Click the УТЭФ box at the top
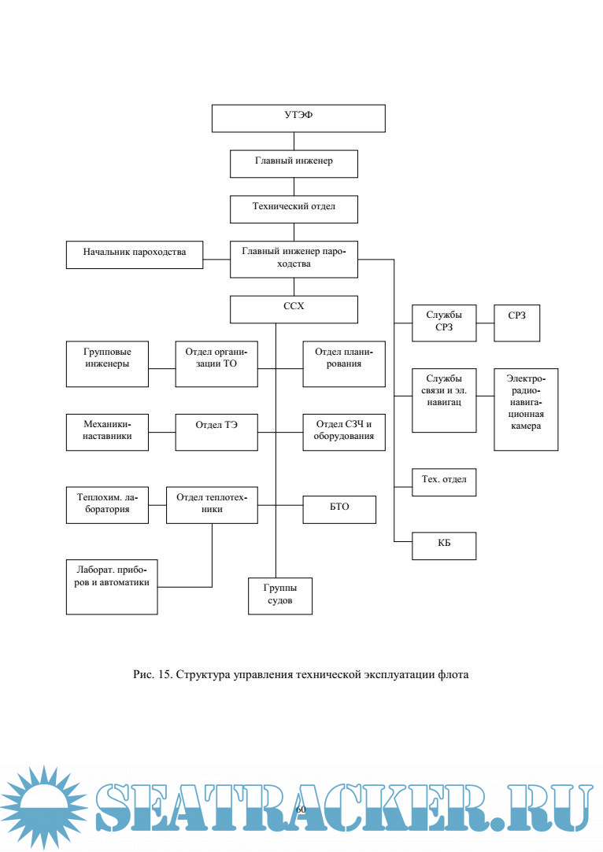[x=298, y=117]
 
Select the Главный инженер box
[x=294, y=164]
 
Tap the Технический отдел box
[x=294, y=208]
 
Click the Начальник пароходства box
[x=135, y=253]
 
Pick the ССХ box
[x=294, y=309]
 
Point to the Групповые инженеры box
[x=107, y=363]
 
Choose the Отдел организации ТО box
[x=216, y=363]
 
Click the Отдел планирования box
[x=344, y=363]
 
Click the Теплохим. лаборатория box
[x=107, y=504]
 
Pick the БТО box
[x=339, y=509]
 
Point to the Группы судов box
[x=280, y=596]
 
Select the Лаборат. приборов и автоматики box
[x=112, y=586]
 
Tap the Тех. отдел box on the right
[x=444, y=481]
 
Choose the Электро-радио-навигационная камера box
[x=526, y=409]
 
